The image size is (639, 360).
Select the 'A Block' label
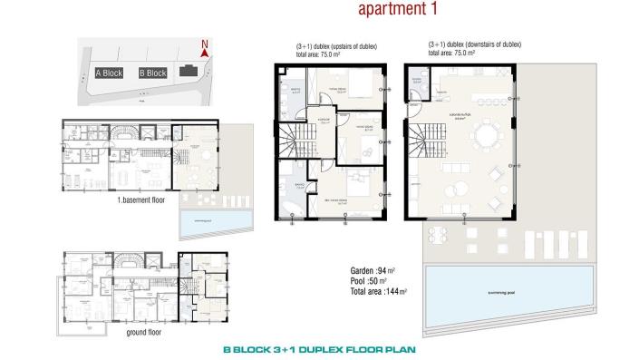tap(108, 73)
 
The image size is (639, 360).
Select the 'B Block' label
tap(153, 73)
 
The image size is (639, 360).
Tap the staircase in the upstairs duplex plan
tap(295, 141)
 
